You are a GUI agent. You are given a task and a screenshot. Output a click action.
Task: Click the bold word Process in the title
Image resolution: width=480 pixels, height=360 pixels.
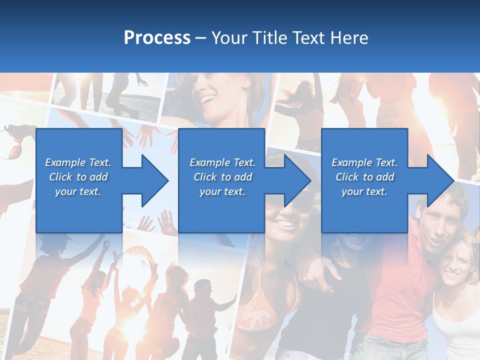coord(157,37)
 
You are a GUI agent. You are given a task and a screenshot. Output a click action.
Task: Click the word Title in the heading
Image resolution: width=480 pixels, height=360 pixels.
coord(270,37)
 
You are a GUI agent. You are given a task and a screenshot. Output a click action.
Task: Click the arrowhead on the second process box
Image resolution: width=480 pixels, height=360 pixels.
coord(296,180)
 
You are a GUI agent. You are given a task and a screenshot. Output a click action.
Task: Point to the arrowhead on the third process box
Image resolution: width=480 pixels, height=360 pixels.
coord(439,180)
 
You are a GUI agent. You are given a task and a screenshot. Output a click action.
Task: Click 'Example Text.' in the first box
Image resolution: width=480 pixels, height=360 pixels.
coord(78,162)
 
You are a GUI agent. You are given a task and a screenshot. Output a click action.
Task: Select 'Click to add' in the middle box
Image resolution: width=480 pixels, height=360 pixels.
coord(222,177)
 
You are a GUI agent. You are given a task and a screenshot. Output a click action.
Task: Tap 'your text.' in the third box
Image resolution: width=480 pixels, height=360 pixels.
coord(364,191)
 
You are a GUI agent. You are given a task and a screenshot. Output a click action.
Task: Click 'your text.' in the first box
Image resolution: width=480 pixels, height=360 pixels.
coord(78,191)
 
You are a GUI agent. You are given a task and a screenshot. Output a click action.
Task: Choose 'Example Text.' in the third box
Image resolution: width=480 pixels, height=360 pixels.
coord(364,162)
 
